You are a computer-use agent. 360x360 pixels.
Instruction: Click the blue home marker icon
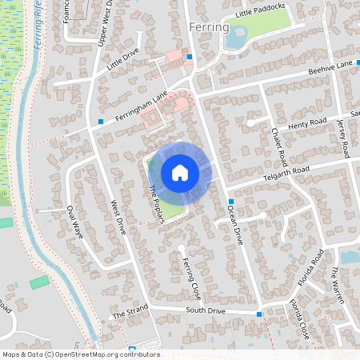(180, 172)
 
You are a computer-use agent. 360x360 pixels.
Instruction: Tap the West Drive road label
(118, 216)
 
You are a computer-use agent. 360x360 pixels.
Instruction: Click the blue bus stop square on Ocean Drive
(230, 201)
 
